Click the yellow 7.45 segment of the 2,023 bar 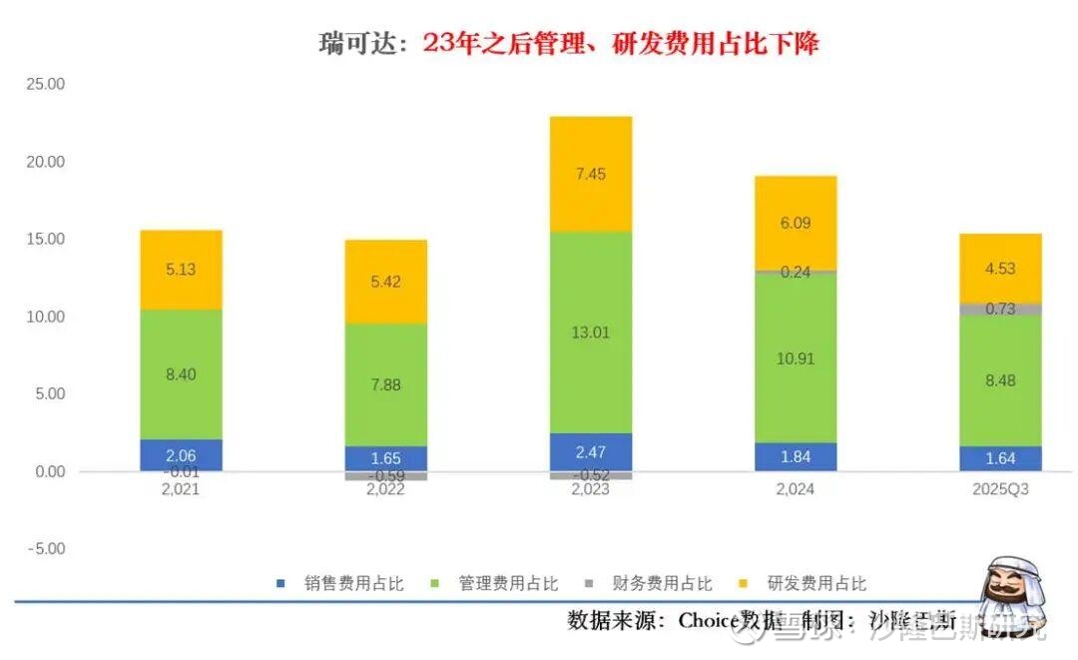tap(591, 175)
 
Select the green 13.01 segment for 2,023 tap(591, 332)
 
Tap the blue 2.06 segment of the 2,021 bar tap(181, 454)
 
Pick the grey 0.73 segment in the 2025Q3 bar tap(1000, 309)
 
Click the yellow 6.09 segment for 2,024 tap(796, 223)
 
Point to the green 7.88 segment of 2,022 tap(385, 384)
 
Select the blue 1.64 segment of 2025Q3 tap(1000, 458)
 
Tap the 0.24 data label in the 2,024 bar tap(796, 272)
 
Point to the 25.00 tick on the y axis tap(46, 84)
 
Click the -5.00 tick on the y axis tap(46, 549)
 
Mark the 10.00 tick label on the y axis tap(46, 317)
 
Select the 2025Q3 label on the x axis tap(1000, 489)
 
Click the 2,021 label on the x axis tap(181, 489)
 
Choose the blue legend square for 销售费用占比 tap(281, 583)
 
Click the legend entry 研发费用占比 tap(816, 583)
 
